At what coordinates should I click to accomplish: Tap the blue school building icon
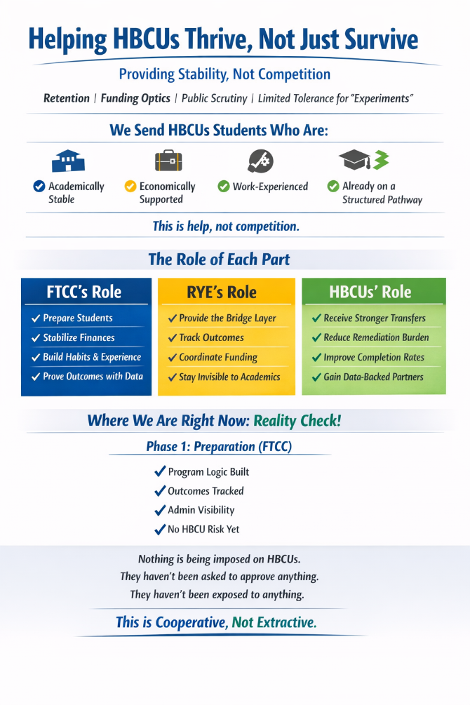pyautogui.click(x=68, y=161)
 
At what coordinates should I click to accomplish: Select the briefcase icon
pyautogui.click(x=168, y=161)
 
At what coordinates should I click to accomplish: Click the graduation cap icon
pyautogui.click(x=355, y=161)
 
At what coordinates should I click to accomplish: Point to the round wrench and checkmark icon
pyautogui.click(x=260, y=161)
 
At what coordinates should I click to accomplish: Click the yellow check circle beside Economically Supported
pyautogui.click(x=130, y=187)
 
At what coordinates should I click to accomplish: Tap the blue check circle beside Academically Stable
pyautogui.click(x=39, y=187)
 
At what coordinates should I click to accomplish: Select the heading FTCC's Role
pyautogui.click(x=84, y=292)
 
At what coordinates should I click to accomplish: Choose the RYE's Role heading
pyautogui.click(x=222, y=292)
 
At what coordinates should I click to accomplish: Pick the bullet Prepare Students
pyautogui.click(x=77, y=318)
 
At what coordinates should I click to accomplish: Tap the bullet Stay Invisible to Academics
pyautogui.click(x=229, y=377)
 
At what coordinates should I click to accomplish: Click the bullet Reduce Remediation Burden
pyautogui.click(x=376, y=337)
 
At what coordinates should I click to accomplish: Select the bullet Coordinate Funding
pyautogui.click(x=218, y=357)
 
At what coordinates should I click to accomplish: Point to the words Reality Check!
pyautogui.click(x=297, y=421)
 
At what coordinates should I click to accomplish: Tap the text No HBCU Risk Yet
pyautogui.click(x=203, y=530)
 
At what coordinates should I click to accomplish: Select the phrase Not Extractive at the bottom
pyautogui.click(x=274, y=622)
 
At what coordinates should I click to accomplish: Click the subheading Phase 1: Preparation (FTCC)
pyautogui.click(x=219, y=446)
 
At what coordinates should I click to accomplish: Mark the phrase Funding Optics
pyautogui.click(x=135, y=98)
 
